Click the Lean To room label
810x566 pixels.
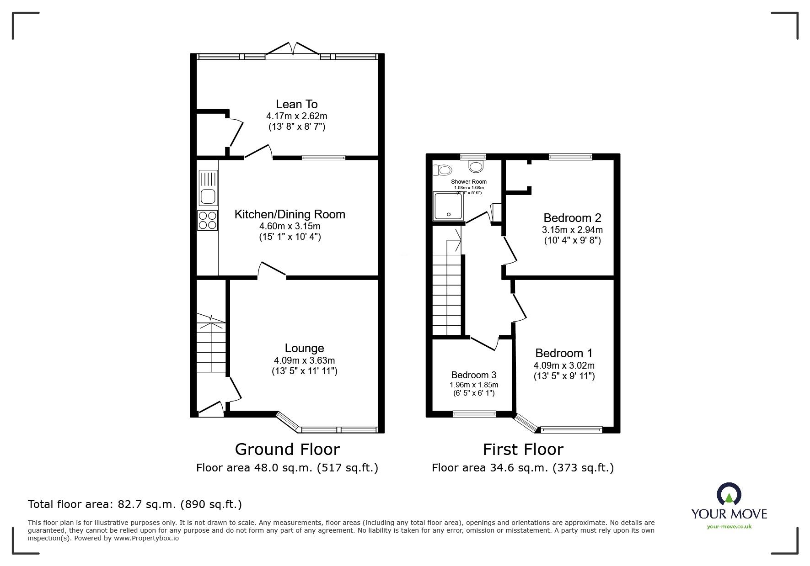296,104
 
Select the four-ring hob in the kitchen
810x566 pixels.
208,220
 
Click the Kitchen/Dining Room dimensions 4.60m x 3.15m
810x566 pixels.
290,226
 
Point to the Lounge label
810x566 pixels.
304,349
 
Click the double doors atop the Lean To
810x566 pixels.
293,49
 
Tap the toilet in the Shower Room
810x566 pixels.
443,170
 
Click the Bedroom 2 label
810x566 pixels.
572,218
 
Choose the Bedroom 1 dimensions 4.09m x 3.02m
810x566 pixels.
564,365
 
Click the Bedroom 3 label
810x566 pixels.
473,375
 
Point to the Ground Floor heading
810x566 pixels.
287,450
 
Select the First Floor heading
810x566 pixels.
523,450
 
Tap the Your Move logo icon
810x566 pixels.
729,496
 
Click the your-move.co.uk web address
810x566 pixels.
729,527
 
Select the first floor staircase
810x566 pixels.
446,292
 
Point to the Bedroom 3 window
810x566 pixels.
474,414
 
